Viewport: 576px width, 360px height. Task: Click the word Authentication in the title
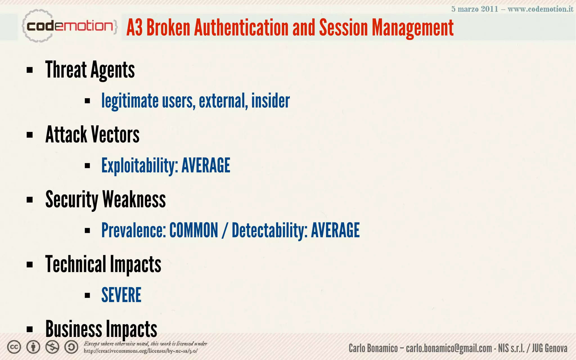[x=241, y=28]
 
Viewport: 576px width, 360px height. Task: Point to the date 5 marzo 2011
[x=475, y=9]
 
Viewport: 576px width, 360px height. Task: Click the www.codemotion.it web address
[x=540, y=9]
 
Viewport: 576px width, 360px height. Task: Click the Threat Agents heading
[x=90, y=70]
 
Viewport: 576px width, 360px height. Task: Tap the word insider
[x=271, y=101]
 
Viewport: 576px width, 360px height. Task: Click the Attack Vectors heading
[x=92, y=135]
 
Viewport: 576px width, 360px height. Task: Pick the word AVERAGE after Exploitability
[x=206, y=165]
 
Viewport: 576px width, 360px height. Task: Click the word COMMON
[x=194, y=230]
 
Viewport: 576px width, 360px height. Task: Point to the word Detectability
[x=269, y=230]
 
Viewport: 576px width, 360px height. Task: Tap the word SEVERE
[x=121, y=295]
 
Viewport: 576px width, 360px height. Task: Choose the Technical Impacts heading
[x=103, y=264]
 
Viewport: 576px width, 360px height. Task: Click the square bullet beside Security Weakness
[x=30, y=200]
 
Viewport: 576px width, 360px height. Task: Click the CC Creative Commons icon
[x=14, y=347]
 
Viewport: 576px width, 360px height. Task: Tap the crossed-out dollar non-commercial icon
[x=52, y=347]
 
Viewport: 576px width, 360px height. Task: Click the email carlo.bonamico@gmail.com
[x=449, y=348]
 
